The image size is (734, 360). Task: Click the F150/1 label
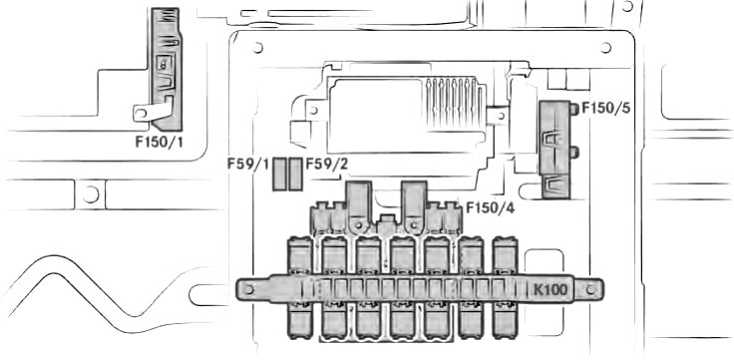click(160, 142)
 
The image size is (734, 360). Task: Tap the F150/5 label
click(605, 109)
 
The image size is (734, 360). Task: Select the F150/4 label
click(490, 207)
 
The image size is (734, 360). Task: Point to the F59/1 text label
click(248, 164)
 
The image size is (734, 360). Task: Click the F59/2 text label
click(327, 164)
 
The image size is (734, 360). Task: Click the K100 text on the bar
click(550, 290)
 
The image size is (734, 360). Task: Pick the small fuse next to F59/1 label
click(279, 174)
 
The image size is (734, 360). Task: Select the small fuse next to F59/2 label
click(295, 174)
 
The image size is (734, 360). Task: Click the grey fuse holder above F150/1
click(167, 69)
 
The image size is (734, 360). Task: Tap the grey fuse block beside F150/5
click(554, 150)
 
